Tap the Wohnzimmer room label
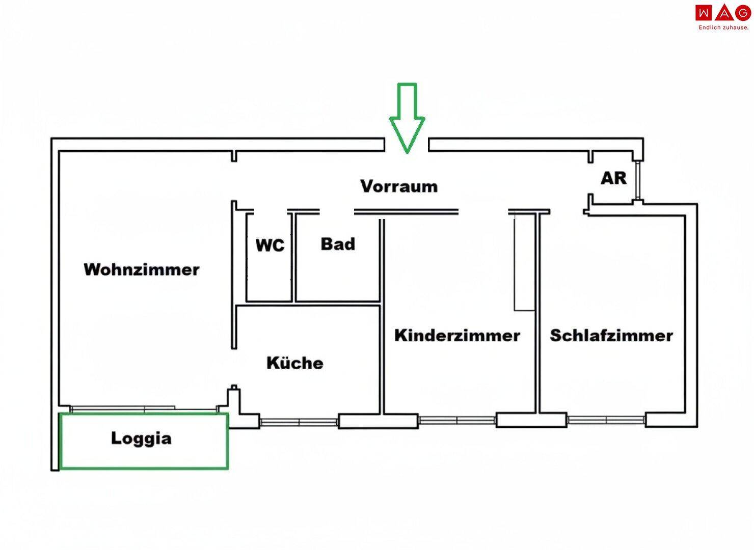point(142,269)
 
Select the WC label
point(270,245)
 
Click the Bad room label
point(338,244)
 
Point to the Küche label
point(295,363)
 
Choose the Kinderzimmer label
point(457,336)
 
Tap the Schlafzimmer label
point(611,336)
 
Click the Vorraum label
point(399,186)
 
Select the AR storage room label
point(613,178)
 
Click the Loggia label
point(141,438)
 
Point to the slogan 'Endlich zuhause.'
point(723,28)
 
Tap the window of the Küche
point(299,422)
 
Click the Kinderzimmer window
point(457,421)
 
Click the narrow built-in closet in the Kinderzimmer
point(524,262)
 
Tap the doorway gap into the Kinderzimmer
point(483,211)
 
